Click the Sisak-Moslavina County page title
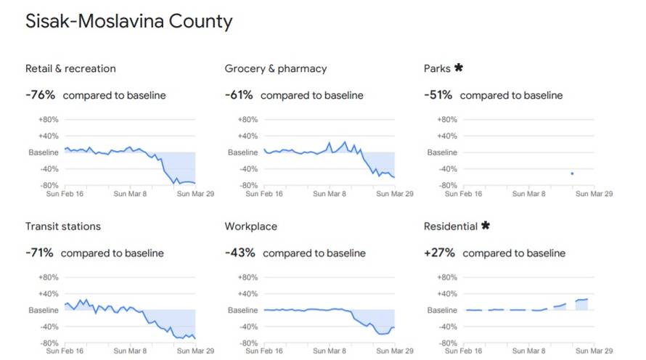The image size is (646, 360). click(x=129, y=21)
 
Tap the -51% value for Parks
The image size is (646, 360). click(x=438, y=95)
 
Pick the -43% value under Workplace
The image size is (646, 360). click(x=240, y=253)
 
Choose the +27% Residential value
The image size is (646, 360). click(x=440, y=253)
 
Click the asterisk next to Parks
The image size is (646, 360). click(x=458, y=68)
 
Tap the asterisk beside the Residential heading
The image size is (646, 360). click(x=486, y=226)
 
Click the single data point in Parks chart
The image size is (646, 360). click(x=572, y=173)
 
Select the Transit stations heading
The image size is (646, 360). click(x=63, y=226)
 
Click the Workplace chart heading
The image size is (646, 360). click(x=251, y=226)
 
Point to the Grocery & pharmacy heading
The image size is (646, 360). click(x=276, y=69)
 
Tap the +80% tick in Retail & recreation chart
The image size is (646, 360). click(x=48, y=120)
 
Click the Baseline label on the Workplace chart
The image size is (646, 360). click(x=243, y=310)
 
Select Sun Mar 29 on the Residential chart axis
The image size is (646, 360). click(x=594, y=351)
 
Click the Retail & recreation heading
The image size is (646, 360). click(x=70, y=69)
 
